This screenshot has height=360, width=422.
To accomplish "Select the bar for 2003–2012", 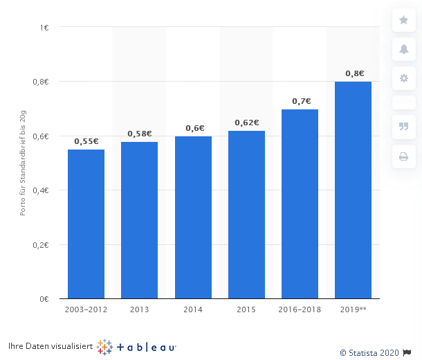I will coord(86,224).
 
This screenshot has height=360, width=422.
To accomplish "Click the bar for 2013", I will coord(139,220).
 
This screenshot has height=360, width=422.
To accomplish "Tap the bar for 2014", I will coord(193,217).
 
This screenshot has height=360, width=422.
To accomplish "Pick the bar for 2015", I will coord(246,215).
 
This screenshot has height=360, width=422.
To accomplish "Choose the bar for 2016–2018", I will coord(300,204).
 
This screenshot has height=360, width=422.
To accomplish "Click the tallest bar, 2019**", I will coord(353,190).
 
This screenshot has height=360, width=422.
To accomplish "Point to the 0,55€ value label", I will coord(86,141).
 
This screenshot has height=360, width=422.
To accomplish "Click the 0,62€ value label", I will coord(246,123).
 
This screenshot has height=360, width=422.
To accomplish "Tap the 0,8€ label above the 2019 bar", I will coord(354,73).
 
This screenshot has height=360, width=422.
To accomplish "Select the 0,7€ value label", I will coord(301,101).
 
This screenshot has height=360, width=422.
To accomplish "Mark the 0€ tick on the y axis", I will coord(44,298).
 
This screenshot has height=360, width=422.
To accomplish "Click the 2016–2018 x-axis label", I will coord(300,309).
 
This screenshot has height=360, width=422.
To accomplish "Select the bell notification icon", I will coord(403,49).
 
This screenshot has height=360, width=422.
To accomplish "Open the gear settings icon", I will coord(403,78).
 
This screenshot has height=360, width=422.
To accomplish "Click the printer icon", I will coord(403,156).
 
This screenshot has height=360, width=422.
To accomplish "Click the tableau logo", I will coord(137,347).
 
